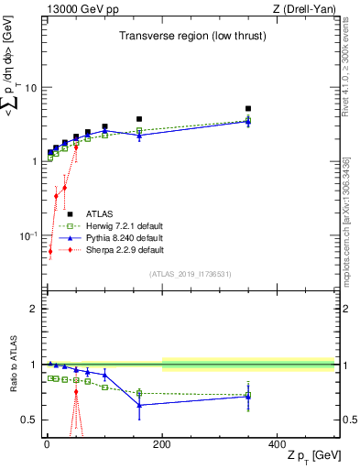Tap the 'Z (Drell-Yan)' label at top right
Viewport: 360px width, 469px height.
[304, 9]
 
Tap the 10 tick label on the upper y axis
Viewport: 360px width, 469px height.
[30, 88]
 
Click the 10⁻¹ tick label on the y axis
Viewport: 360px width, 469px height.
[27, 235]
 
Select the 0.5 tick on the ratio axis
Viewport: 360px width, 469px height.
[29, 420]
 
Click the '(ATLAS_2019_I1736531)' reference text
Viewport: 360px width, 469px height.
[191, 274]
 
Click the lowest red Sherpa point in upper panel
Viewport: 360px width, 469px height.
[50, 251]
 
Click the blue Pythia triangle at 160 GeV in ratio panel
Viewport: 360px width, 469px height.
[139, 405]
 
